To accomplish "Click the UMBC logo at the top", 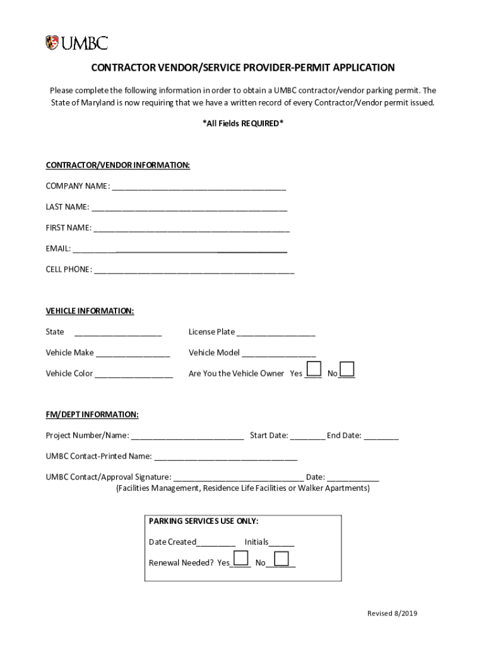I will [76, 43].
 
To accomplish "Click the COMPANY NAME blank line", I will [199, 186].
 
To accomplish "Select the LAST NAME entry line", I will [189, 207].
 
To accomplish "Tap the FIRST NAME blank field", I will [191, 228].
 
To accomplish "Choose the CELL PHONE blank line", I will [194, 270].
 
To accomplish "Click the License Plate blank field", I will [276, 332].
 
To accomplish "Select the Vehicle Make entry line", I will [133, 353].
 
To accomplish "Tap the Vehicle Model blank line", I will [278, 353].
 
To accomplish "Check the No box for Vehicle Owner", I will [347, 369].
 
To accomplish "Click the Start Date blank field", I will [308, 436].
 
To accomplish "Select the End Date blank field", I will [381, 436].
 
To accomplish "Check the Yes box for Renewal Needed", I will [240, 558].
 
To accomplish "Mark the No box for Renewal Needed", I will [281, 558].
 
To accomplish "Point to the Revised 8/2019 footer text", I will [393, 614].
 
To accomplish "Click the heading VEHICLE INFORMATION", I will [90, 311].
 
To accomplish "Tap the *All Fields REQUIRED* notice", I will [243, 124].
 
